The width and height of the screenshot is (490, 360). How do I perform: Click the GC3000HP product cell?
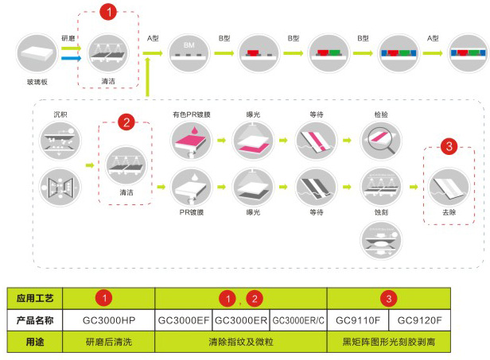(x=109, y=320)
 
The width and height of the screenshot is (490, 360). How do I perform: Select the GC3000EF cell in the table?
(x=184, y=320)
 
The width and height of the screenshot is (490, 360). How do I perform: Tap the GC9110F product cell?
(x=358, y=320)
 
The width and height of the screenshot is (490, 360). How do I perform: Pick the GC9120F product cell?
(x=420, y=320)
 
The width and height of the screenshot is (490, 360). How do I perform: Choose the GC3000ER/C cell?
(x=298, y=320)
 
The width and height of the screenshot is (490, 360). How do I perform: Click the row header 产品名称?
(x=35, y=320)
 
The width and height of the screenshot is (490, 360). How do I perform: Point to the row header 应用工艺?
(x=35, y=299)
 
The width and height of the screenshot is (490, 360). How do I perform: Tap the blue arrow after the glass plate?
(x=72, y=58)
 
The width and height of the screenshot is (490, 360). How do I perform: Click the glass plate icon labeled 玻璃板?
(x=37, y=54)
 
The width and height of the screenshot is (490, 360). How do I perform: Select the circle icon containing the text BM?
(x=189, y=53)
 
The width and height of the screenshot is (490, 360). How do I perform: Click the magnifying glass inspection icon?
(x=381, y=141)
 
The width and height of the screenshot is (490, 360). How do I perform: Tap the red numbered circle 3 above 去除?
(x=449, y=146)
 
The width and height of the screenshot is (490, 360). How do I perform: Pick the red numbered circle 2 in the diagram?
(x=126, y=122)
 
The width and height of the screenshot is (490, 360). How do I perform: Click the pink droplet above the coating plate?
(x=195, y=130)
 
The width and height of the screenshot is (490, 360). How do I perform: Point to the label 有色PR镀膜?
(x=192, y=114)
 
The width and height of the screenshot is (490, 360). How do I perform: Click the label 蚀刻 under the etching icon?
(x=381, y=212)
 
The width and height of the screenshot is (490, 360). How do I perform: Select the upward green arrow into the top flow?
(x=147, y=76)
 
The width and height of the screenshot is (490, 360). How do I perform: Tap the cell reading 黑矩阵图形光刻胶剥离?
(x=389, y=342)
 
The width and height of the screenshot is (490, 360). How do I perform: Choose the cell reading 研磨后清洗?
(x=109, y=342)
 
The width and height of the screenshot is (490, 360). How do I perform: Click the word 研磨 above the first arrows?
(x=68, y=38)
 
